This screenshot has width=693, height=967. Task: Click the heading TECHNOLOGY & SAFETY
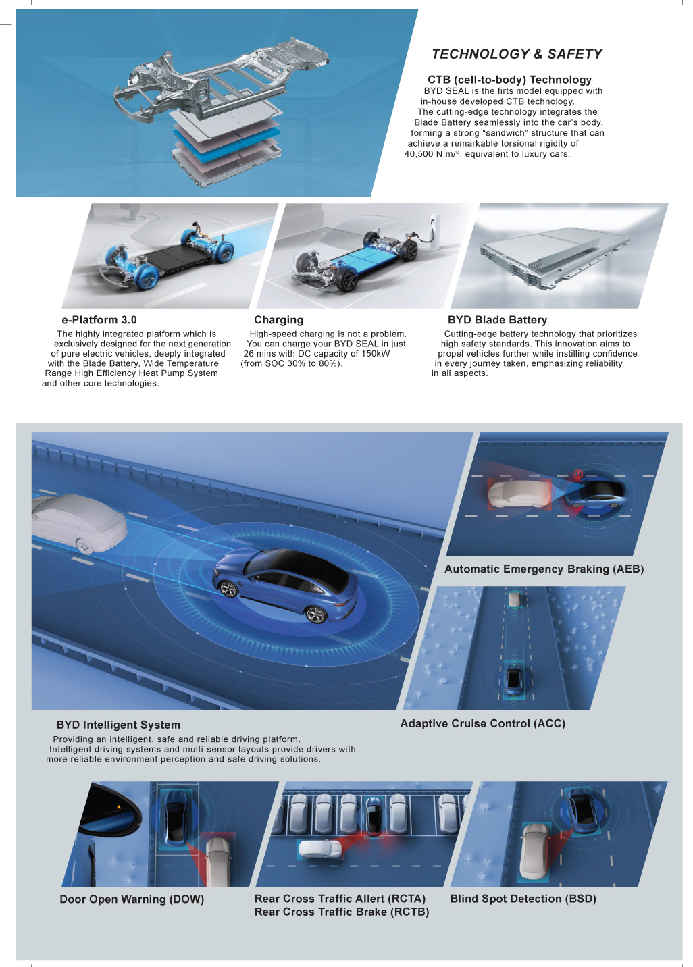517,54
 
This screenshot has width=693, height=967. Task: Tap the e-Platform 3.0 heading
99,320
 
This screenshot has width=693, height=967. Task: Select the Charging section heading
278,320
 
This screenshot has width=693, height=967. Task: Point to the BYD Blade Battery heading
497,320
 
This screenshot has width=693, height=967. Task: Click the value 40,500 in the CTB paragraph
418,154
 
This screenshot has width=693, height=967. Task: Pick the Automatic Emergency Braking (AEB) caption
544,569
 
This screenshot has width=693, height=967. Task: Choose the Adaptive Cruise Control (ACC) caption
483,723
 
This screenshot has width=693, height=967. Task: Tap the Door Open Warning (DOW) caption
132,899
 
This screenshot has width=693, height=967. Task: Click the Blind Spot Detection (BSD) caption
523,899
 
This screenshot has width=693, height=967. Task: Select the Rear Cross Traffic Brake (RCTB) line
342,912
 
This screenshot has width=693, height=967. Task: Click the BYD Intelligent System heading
118,725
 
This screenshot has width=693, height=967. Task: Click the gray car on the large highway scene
79,523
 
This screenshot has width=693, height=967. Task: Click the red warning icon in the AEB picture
578,474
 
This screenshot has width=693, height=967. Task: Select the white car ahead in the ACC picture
514,599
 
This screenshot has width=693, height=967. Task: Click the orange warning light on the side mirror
119,806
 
